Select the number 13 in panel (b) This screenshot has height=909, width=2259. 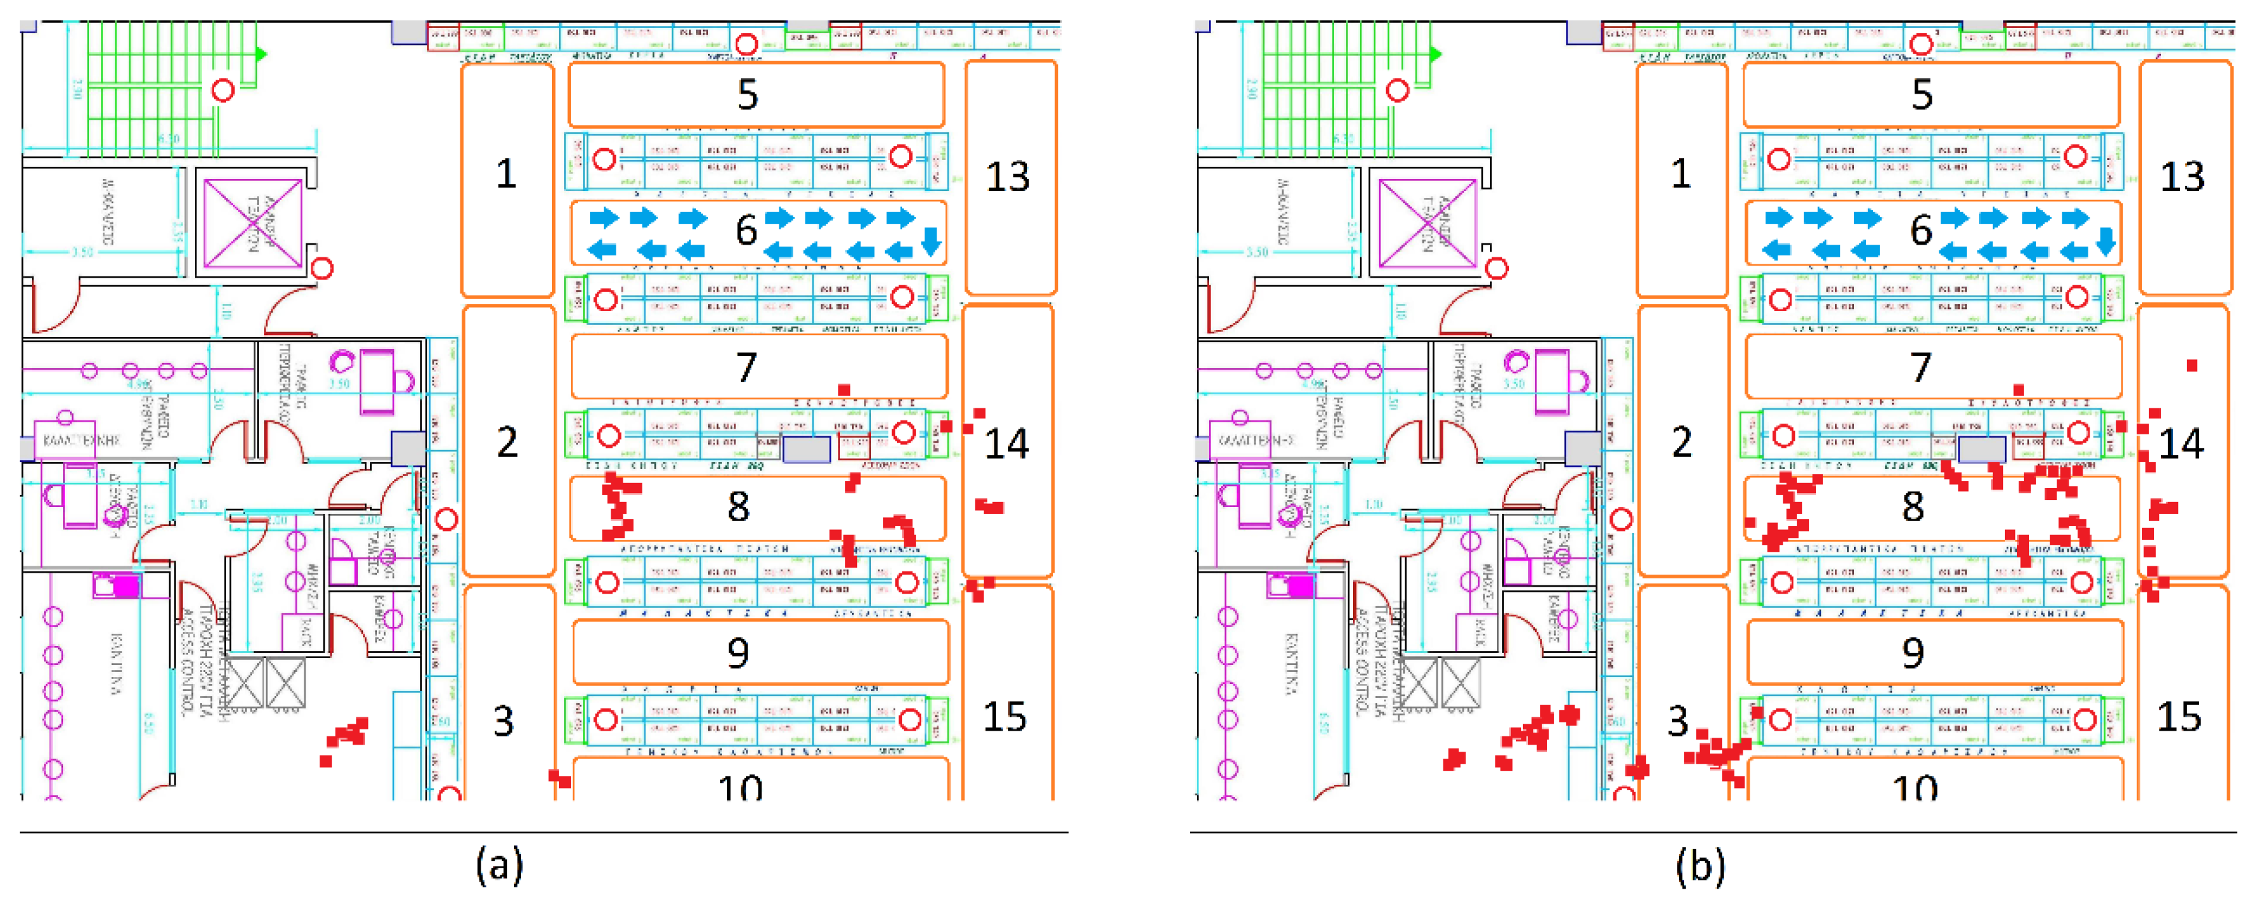coord(2182,176)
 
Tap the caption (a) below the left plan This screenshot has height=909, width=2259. coord(500,865)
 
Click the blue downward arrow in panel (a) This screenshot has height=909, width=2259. coord(931,240)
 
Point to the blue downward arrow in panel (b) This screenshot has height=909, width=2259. coord(2106,240)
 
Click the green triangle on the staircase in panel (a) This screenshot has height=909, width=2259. coord(260,54)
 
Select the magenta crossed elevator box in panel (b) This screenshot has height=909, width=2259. coord(1427,223)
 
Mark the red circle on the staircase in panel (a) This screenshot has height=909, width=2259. coord(223,89)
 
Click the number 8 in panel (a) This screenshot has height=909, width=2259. coord(739,506)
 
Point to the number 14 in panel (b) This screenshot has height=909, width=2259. coord(2181,444)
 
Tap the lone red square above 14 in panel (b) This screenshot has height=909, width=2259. coord(2192,365)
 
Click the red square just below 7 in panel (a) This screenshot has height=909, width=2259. coord(844,390)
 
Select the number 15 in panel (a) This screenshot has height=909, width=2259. coord(1005,717)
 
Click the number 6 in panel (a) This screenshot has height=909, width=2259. coord(746,231)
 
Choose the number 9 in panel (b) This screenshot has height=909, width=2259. coord(1913,653)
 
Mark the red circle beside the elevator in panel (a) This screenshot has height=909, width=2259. coord(323,268)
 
